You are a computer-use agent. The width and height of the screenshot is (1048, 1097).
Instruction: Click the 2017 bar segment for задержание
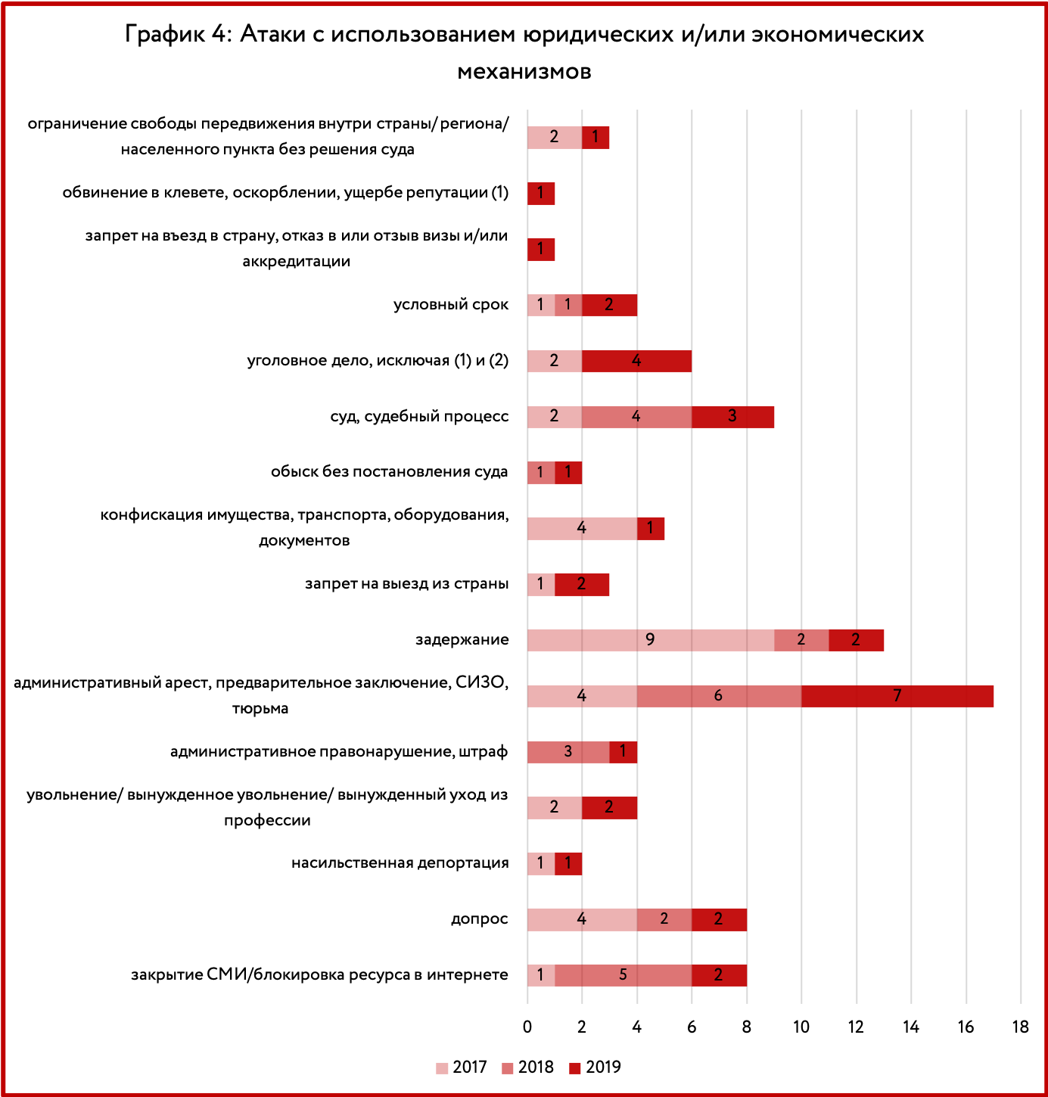click(651, 640)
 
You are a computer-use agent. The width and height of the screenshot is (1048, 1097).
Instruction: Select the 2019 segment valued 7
click(897, 695)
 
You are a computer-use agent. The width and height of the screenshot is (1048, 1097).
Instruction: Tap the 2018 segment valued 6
click(720, 695)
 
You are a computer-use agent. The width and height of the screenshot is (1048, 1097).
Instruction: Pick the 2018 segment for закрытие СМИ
click(623, 975)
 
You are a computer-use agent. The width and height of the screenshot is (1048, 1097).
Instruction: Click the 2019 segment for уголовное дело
click(636, 361)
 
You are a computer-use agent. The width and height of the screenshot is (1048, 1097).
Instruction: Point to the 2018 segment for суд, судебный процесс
click(636, 417)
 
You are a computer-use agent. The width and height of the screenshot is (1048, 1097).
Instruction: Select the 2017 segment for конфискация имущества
click(583, 528)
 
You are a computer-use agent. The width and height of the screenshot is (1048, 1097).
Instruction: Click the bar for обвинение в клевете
click(541, 194)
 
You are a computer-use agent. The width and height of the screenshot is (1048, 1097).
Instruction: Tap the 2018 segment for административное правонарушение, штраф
click(568, 752)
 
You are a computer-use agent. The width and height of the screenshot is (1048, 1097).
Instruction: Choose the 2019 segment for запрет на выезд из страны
click(582, 584)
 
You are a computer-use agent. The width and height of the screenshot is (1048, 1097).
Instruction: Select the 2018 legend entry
click(527, 1067)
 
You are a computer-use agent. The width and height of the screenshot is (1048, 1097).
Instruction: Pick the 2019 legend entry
click(595, 1067)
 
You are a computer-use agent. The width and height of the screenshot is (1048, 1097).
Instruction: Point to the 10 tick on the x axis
click(801, 1027)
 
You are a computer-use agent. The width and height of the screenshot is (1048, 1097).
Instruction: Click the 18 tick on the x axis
click(1021, 1027)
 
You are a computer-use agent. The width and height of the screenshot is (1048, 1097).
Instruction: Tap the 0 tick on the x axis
click(527, 1027)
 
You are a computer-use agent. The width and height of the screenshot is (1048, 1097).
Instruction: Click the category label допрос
click(480, 919)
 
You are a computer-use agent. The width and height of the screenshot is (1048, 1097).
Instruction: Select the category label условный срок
click(451, 304)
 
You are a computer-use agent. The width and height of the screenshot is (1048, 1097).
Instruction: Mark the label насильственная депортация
click(400, 863)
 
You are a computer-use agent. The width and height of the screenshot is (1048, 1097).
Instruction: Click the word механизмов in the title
click(524, 72)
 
